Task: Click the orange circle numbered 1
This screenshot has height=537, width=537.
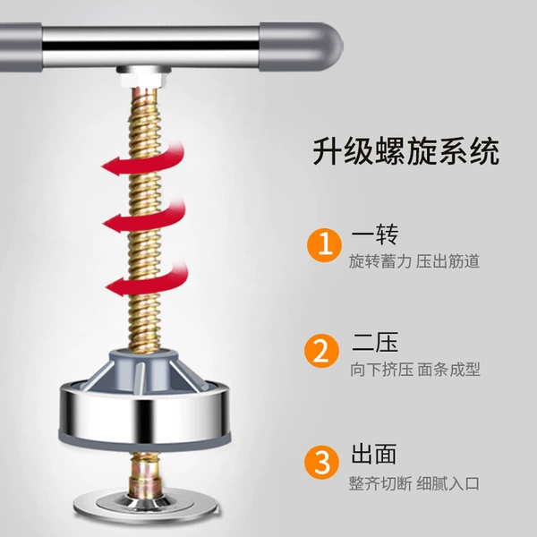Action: (324, 245)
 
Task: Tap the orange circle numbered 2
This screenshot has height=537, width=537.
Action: (321, 351)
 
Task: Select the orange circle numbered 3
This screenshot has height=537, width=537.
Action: (321, 462)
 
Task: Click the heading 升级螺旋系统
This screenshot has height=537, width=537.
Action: (405, 152)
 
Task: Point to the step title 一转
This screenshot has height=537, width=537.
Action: (375, 234)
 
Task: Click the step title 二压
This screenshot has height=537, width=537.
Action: (375, 342)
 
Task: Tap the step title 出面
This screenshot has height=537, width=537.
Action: (373, 454)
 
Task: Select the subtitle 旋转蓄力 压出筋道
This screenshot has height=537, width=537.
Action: (414, 261)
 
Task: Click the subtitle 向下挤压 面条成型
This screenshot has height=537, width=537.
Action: (414, 369)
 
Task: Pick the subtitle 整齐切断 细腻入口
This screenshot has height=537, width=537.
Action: (414, 483)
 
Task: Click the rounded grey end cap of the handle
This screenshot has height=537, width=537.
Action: (301, 47)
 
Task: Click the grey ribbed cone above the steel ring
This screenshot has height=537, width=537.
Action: (144, 371)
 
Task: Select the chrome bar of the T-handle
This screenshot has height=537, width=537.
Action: (150, 47)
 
